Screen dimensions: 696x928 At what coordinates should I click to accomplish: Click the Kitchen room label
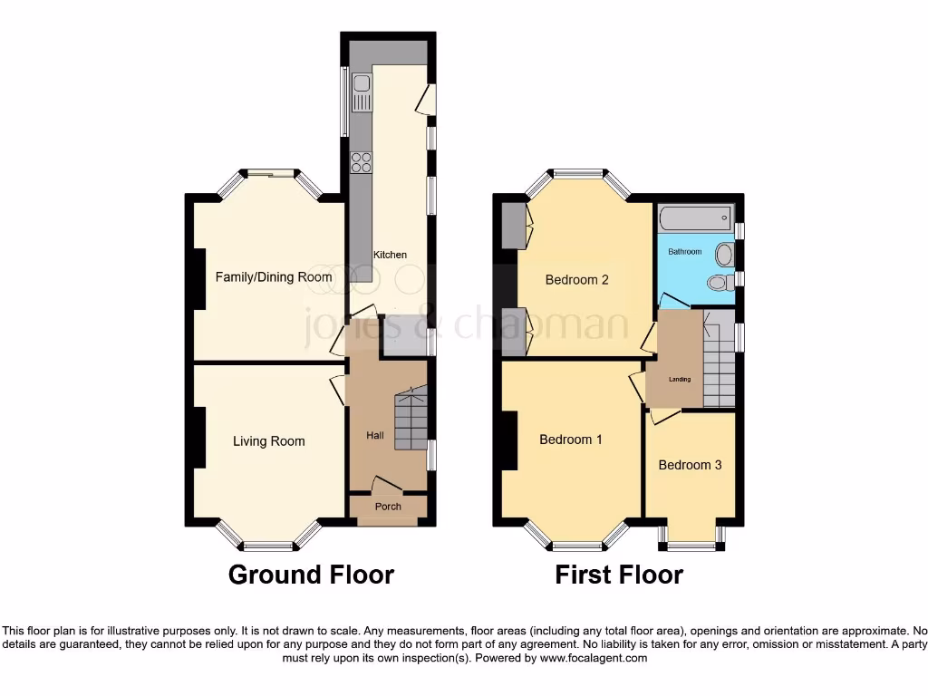390,255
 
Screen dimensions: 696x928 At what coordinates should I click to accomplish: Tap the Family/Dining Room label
273,276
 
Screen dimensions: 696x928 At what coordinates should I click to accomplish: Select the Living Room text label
268,441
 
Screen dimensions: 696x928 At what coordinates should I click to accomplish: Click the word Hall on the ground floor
374,436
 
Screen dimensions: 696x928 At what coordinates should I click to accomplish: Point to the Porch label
388,507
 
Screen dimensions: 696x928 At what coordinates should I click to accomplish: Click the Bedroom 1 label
571,440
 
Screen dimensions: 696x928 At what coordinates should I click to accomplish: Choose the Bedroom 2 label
576,280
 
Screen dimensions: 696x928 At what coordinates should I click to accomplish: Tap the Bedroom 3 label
690,465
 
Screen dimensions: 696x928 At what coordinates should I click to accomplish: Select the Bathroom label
685,252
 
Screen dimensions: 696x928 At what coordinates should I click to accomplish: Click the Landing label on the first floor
679,380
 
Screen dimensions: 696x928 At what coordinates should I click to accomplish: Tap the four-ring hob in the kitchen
362,163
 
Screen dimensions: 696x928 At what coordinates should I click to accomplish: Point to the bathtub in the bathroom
696,217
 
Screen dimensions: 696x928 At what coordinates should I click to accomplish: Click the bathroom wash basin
725,254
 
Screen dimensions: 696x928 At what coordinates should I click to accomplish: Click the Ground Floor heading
311,575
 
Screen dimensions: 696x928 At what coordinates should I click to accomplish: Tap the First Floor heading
619,575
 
